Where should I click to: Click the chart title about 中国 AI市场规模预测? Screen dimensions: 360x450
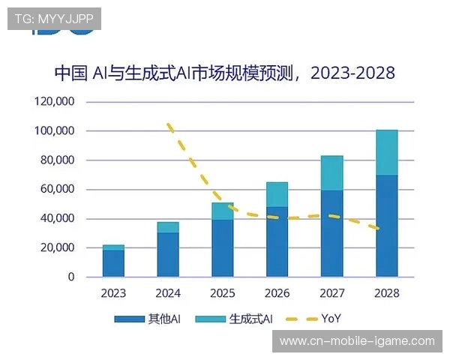(x=225, y=73)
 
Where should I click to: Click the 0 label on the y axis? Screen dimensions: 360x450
(x=71, y=277)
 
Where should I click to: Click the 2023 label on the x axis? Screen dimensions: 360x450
(x=113, y=293)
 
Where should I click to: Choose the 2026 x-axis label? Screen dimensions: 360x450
(x=277, y=293)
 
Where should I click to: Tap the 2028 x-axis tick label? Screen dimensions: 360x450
(x=386, y=293)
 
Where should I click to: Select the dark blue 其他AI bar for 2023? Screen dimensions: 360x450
(x=113, y=263)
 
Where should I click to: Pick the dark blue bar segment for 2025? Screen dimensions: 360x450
(x=222, y=248)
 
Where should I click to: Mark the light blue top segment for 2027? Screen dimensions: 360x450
(x=331, y=173)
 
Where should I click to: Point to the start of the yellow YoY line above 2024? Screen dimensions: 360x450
(x=168, y=124)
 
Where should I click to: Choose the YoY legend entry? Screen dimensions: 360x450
(x=314, y=319)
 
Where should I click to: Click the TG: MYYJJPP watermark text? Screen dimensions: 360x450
(x=53, y=19)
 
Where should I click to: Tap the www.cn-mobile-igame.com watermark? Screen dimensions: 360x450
(x=356, y=340)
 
